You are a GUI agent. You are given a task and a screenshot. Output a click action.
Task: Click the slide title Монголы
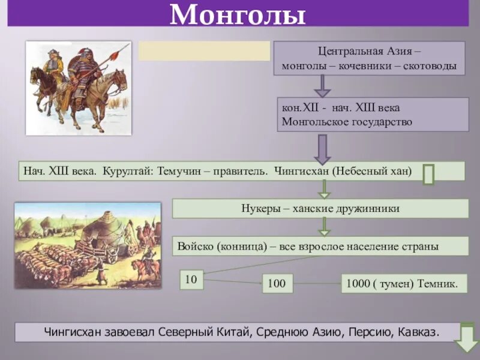[238, 14]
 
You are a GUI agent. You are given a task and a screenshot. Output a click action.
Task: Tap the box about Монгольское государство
[373, 115]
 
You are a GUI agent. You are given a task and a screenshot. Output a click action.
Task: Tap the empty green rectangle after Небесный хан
[428, 174]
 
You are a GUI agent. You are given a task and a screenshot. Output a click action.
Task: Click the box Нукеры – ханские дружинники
[320, 209]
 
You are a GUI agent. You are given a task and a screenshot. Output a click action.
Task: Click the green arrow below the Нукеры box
[324, 226]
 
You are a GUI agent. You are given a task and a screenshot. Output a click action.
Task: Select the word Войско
[196, 246]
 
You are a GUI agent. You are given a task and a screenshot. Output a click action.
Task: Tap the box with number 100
[277, 284]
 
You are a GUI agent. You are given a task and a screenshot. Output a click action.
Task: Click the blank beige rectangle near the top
[204, 51]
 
